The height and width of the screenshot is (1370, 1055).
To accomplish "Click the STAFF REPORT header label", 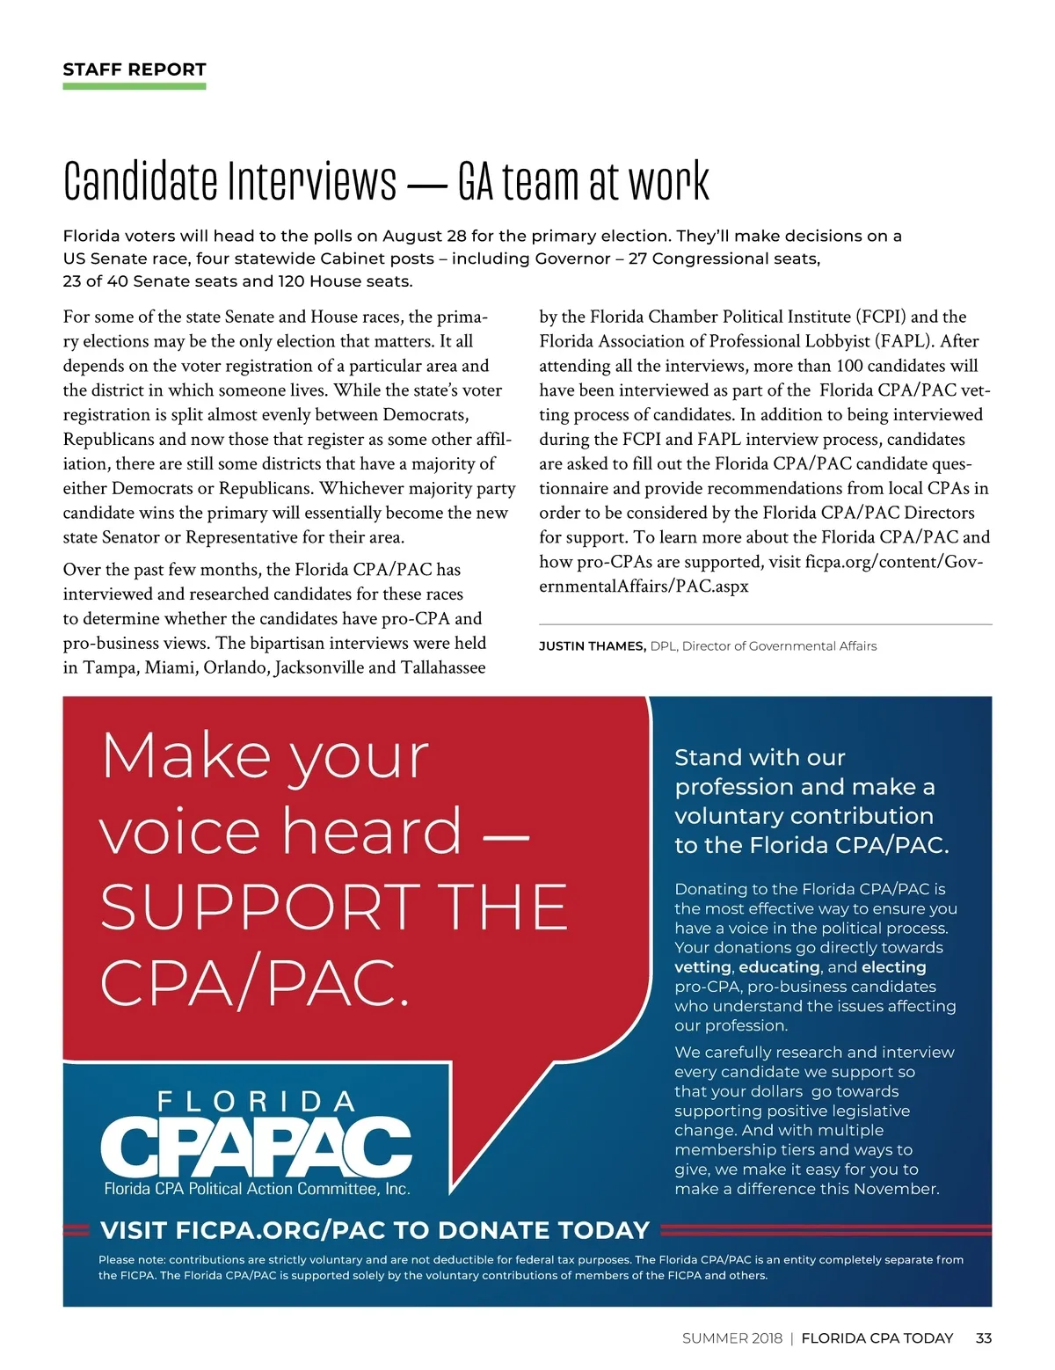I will [x=135, y=69].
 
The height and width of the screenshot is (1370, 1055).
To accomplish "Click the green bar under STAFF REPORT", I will [x=135, y=86].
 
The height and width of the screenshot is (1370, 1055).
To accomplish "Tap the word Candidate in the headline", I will [x=141, y=181].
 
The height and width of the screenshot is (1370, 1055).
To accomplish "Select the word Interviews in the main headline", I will [x=312, y=181].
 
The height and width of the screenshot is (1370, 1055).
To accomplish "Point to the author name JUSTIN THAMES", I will [x=592, y=646].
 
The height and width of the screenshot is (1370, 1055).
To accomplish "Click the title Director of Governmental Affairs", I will [x=779, y=646].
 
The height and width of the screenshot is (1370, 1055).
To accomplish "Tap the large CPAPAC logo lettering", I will [x=256, y=1147].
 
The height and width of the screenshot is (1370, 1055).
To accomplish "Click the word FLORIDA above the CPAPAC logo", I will [x=256, y=1102].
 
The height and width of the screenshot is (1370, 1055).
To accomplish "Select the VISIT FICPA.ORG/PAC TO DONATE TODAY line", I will [x=375, y=1230].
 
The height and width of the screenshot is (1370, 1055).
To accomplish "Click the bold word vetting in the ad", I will [x=702, y=967].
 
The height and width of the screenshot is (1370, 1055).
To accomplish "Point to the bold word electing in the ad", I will [x=893, y=967].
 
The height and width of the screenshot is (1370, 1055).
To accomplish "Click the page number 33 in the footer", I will [x=984, y=1338].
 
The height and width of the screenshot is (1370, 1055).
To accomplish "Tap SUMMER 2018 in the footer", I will [x=731, y=1338].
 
